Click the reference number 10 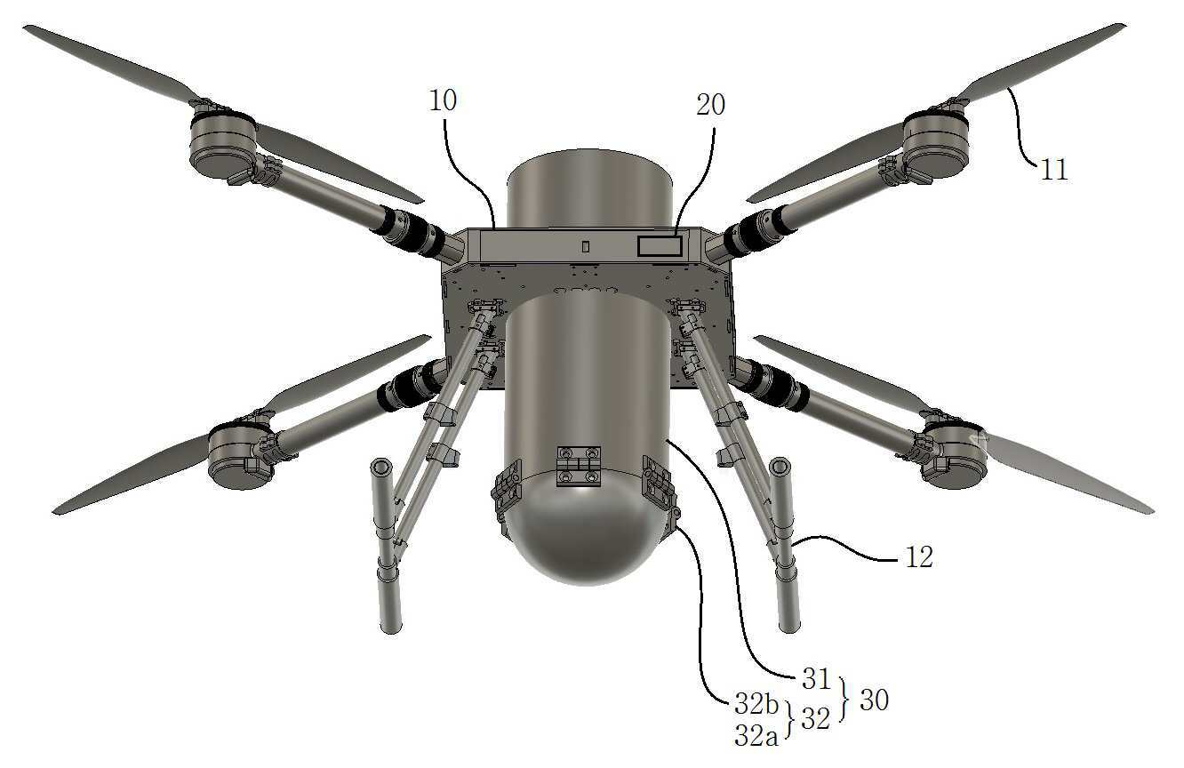coord(443,100)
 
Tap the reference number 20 coord(710,105)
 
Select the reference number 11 coord(1054,170)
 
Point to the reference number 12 coord(919,556)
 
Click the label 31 coord(816,679)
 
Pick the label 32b coord(756,704)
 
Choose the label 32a coord(756,735)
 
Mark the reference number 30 coord(875,700)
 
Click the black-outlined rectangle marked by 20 coord(660,246)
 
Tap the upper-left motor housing coord(223,146)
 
